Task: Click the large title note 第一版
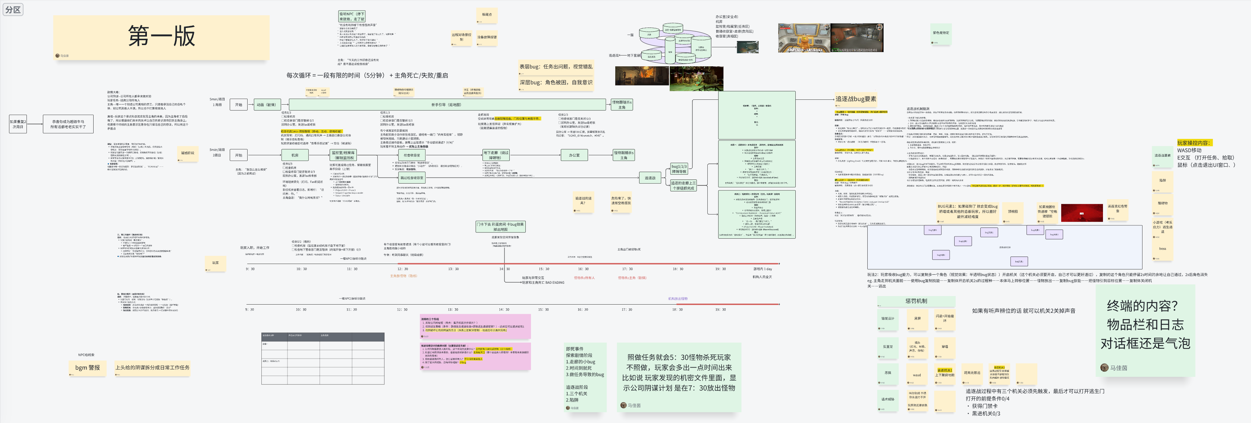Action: coord(161,37)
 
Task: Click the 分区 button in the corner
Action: coord(13,10)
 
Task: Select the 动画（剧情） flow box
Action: coord(266,105)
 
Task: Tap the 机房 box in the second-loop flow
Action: coord(295,155)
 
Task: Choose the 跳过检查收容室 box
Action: coord(411,178)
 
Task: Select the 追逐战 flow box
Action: coord(650,178)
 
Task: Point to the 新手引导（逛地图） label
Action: coord(446,105)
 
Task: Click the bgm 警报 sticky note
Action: coord(87,368)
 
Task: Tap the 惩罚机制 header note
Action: coord(916,301)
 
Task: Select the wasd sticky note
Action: coord(917,375)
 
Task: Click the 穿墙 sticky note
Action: coord(944,347)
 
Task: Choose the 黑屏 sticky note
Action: coord(917,319)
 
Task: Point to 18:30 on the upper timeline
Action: coord(678,269)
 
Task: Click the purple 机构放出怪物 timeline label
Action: coord(678,299)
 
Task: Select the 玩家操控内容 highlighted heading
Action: coord(1194,143)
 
